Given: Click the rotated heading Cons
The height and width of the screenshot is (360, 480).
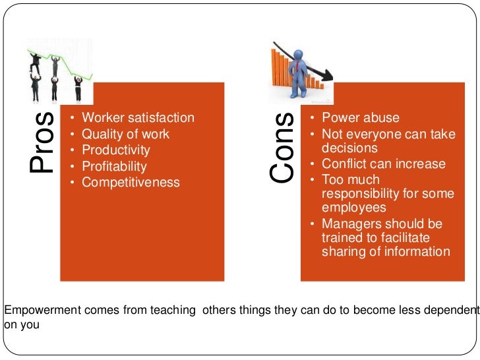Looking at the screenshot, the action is pyautogui.click(x=282, y=148).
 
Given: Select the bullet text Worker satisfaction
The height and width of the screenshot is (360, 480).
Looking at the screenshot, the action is pyautogui.click(x=138, y=118).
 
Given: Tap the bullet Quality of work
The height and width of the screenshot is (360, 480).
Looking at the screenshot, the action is pyautogui.click(x=125, y=134).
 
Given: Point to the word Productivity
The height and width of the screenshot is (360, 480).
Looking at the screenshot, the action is pyautogui.click(x=116, y=150).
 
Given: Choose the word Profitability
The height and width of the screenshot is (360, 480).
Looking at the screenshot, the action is pyautogui.click(x=114, y=166).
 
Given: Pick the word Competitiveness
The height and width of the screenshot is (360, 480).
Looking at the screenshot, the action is pyautogui.click(x=131, y=182).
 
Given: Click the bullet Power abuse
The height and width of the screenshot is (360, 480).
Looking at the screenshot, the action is pyautogui.click(x=361, y=118).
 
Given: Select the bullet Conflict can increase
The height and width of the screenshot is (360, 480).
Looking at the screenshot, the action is pyautogui.click(x=384, y=164).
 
